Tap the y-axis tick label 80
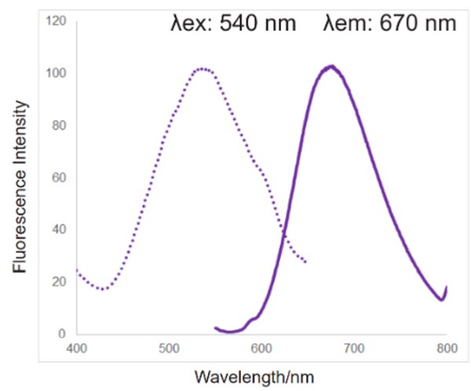tap(56, 126)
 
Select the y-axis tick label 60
tap(56, 177)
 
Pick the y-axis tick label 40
tap(56, 229)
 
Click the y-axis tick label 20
tap(56, 282)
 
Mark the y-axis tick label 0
tap(59, 334)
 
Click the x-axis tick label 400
tap(76, 346)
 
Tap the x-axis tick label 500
tap(169, 346)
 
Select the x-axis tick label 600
tap(261, 346)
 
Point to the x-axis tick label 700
tap(354, 346)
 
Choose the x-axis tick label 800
tap(447, 346)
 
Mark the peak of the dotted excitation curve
tap(203, 69)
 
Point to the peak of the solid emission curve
tap(332, 66)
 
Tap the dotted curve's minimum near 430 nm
tap(103, 289)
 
